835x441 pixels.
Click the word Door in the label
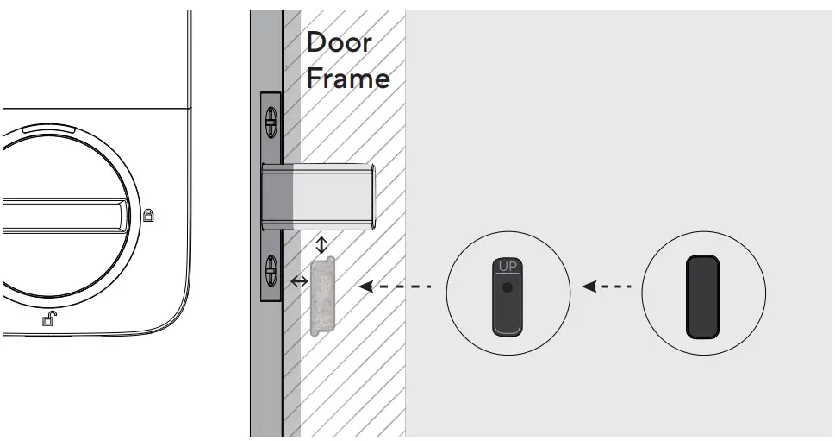point(340,43)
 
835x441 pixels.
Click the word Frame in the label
point(348,79)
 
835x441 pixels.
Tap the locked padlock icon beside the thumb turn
point(148,215)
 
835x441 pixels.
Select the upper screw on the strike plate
point(270,122)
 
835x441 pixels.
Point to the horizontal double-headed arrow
point(299,281)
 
